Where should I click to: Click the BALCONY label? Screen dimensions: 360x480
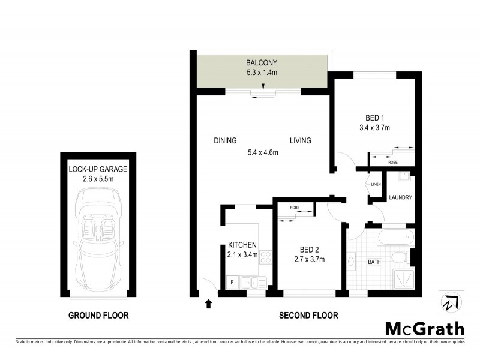pos(261,63)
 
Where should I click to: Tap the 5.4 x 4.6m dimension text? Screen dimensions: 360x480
pos(263,152)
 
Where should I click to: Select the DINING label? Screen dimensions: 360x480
pos(225,141)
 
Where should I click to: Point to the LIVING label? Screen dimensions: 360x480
pos(301,141)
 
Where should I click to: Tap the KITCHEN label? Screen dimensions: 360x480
pos(242,245)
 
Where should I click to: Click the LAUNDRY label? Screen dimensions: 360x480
pos(400,197)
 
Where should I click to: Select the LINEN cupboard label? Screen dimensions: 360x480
pos(376,184)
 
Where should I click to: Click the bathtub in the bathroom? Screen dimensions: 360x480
pos(396,238)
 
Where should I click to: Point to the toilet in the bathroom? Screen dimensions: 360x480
pos(398,258)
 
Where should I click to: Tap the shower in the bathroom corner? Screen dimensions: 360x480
pos(403,279)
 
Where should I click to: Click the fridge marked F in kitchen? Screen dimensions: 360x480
pos(231,281)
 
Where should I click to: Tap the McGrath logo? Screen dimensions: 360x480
pos(424,328)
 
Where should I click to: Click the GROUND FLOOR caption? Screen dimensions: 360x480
pos(98,315)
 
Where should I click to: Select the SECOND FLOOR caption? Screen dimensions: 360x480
pos(308,315)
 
